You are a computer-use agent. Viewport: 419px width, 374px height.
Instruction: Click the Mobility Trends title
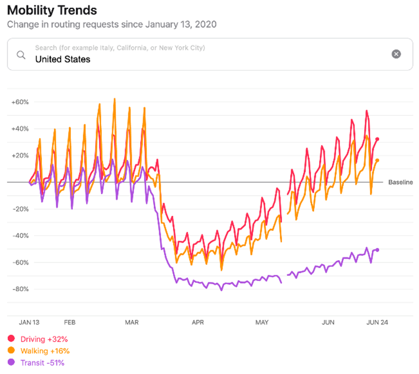coord(52,10)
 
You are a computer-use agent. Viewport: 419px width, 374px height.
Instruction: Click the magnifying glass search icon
coord(21,54)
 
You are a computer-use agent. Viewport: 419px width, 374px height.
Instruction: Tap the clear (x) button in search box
coord(396,54)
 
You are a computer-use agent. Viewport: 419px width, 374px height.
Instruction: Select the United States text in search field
coord(62,59)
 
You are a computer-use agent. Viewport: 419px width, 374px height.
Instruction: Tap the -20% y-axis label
coord(20,209)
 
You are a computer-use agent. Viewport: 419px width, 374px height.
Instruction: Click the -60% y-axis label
coord(20,262)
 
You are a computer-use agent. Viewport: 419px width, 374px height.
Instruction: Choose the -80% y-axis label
coord(20,289)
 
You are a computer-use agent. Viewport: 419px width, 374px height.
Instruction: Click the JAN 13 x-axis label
coord(28,322)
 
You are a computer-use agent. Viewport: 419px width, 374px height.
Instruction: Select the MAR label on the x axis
coord(132,322)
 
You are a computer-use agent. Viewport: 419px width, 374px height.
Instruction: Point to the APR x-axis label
coord(198,322)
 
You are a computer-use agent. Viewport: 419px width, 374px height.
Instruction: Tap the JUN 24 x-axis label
coord(377,322)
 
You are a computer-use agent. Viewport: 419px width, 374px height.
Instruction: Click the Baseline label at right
coord(400,182)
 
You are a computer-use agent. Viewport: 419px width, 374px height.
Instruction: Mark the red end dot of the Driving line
coord(377,140)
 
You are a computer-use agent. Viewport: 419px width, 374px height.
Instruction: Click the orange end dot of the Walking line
coord(377,160)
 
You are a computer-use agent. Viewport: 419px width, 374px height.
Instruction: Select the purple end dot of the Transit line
coord(377,250)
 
